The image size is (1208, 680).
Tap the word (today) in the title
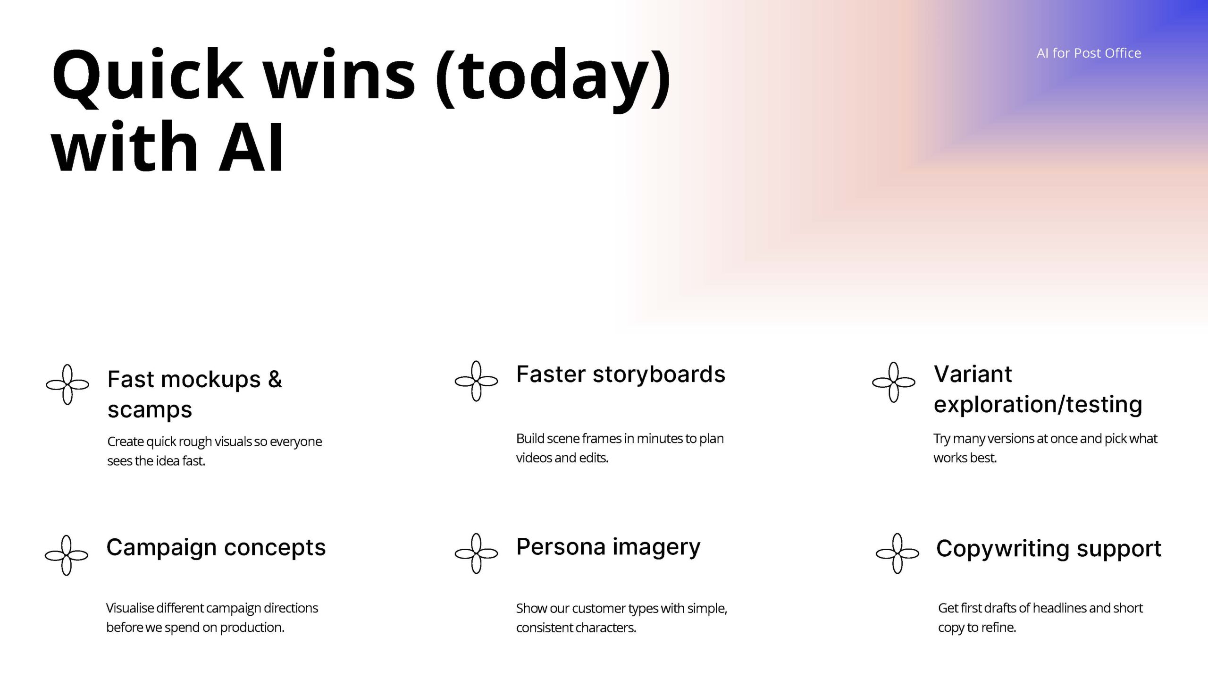tap(553, 78)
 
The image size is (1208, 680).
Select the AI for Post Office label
tap(1089, 53)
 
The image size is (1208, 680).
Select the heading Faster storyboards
tap(621, 374)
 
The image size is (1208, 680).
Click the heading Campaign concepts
tap(216, 548)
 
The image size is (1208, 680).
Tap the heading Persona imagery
tap(608, 547)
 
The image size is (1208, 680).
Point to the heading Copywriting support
tap(1049, 549)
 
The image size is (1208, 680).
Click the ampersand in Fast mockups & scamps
tap(275, 379)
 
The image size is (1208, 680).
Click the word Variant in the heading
tap(973, 374)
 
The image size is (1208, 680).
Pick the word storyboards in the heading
tap(659, 374)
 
